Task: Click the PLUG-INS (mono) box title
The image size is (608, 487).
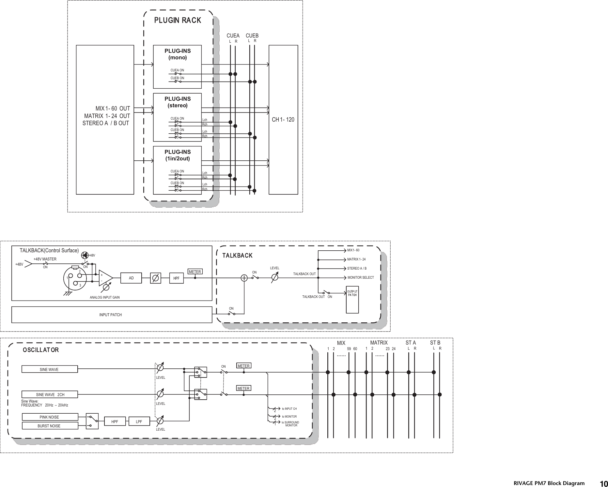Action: point(178,54)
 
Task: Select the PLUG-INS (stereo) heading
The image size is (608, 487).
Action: point(178,102)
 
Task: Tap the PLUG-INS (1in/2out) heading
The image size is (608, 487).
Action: point(178,155)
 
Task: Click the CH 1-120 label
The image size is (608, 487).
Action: point(283,120)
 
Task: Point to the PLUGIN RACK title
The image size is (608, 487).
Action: point(178,20)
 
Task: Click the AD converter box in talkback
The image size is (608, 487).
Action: point(131,278)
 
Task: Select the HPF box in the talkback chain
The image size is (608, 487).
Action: point(177,278)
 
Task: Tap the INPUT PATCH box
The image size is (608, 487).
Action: point(111,315)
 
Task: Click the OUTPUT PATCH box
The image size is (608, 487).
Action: point(352,300)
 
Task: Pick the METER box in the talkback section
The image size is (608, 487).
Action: point(195,272)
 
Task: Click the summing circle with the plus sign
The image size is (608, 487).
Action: point(244,278)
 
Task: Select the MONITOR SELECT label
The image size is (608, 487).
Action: point(360,278)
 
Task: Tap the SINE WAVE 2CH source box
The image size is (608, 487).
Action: point(50,394)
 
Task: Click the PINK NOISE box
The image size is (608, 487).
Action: point(49,417)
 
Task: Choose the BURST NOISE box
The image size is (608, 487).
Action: point(49,426)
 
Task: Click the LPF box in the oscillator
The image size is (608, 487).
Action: point(139,421)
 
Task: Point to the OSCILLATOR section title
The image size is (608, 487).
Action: point(41,350)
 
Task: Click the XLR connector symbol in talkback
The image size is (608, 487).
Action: point(76,278)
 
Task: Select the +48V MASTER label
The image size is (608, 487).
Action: point(45,259)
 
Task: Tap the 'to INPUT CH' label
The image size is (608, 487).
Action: point(289,409)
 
